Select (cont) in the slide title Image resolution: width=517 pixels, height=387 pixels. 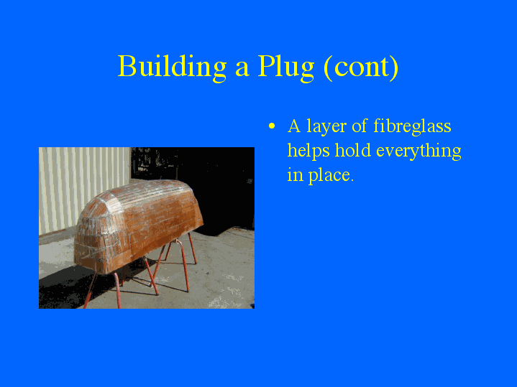click(360, 67)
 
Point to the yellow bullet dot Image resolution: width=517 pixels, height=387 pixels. click(272, 127)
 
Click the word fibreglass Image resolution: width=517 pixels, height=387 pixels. click(412, 126)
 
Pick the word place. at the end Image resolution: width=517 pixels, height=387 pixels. click(331, 176)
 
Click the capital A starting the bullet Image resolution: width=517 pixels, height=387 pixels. click(294, 126)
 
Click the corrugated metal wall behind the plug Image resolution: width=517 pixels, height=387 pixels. click(79, 179)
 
